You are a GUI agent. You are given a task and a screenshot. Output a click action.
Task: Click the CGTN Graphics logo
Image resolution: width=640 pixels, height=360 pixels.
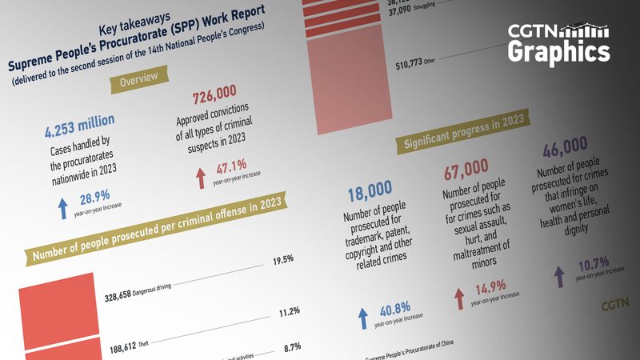(558, 43)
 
